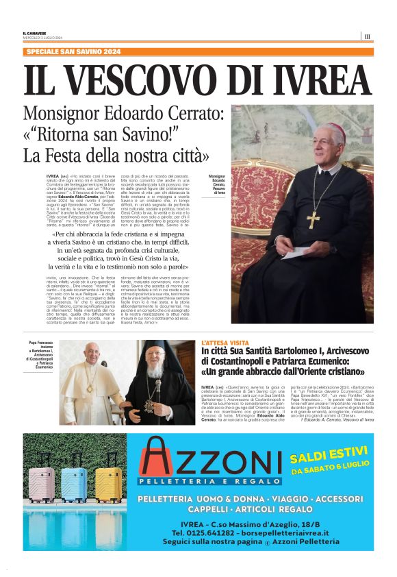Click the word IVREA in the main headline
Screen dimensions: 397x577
click(310, 80)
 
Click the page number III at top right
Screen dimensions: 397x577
click(368, 36)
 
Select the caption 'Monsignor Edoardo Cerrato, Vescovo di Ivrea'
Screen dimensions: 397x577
click(218, 185)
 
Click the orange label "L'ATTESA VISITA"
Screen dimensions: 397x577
click(225, 341)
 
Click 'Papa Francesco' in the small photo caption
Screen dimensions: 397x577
click(40, 342)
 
